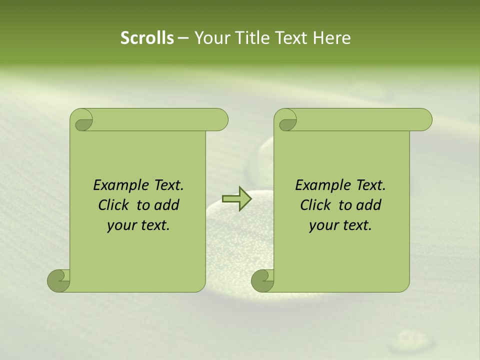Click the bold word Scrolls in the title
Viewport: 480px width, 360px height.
(x=147, y=38)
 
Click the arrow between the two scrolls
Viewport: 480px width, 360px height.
(x=236, y=198)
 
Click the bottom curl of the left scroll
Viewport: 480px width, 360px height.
(x=59, y=280)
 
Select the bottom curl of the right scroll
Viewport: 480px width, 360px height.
(x=262, y=280)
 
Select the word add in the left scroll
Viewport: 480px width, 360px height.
(x=167, y=205)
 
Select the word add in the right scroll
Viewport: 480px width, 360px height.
(x=369, y=205)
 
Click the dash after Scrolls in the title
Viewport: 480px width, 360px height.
(x=183, y=38)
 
